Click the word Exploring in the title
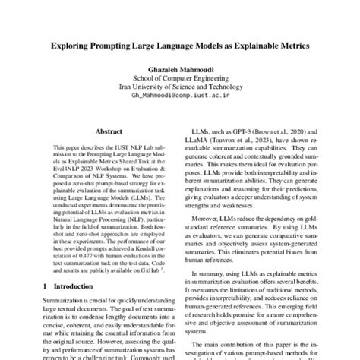76,46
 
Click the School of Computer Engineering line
180,79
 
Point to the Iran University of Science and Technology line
180,88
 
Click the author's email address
180,97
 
